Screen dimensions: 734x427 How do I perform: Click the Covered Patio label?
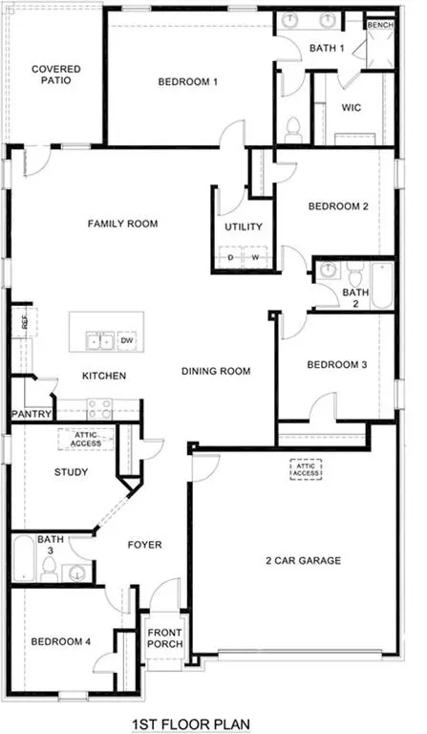click(x=55, y=75)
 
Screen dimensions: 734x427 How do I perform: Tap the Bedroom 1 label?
click(x=188, y=82)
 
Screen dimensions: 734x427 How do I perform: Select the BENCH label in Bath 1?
click(x=380, y=25)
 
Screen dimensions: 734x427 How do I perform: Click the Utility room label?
click(x=244, y=227)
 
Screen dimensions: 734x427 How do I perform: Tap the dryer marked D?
click(x=230, y=257)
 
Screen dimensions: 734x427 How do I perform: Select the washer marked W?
click(x=256, y=257)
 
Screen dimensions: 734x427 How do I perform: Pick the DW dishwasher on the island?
click(x=127, y=340)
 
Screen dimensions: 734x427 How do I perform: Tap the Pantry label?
click(x=31, y=414)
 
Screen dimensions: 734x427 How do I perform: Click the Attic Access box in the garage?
click(x=306, y=468)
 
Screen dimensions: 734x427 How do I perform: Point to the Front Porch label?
click(x=165, y=637)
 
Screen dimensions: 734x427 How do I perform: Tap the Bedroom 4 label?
click(x=60, y=641)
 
